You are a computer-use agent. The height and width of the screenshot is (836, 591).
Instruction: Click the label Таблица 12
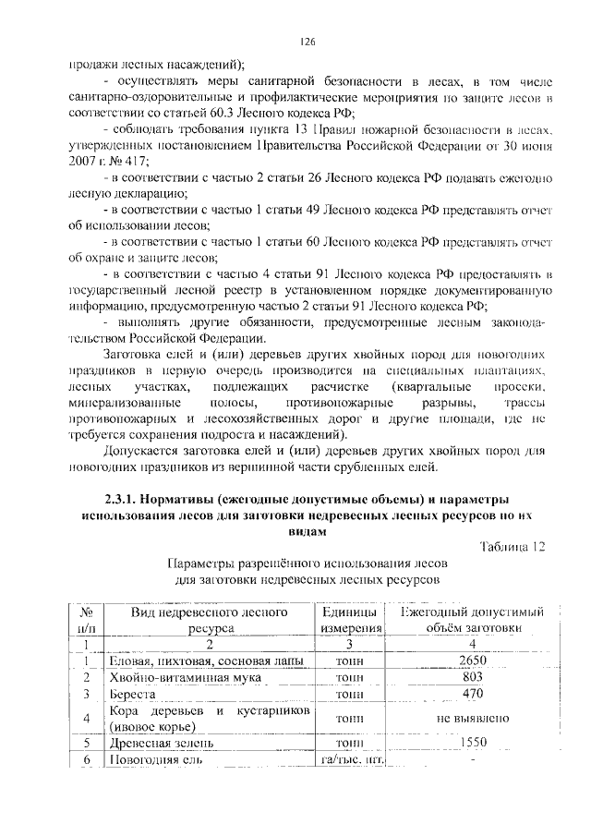click(x=513, y=547)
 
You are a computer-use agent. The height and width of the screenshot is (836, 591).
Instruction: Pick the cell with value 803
click(x=472, y=677)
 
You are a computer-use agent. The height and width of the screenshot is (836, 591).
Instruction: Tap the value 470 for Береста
click(x=472, y=694)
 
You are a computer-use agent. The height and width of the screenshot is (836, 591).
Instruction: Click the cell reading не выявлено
click(x=472, y=718)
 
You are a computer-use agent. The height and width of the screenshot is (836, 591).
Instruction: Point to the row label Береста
click(x=135, y=694)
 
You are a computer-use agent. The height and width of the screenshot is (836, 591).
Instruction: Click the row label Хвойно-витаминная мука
click(x=171, y=677)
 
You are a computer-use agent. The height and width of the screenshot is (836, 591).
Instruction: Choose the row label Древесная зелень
click(x=162, y=742)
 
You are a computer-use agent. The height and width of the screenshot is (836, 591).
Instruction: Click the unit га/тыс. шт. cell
click(x=350, y=759)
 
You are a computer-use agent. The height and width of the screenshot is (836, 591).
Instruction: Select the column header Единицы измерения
click(x=350, y=620)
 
